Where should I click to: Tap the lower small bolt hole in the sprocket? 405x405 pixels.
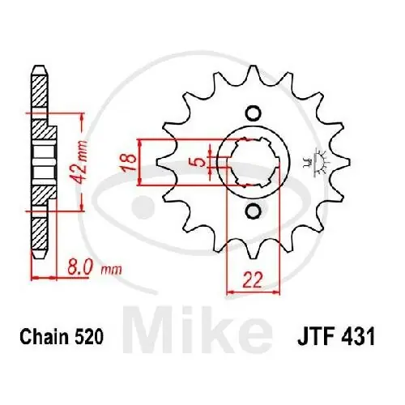(x=252, y=211)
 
